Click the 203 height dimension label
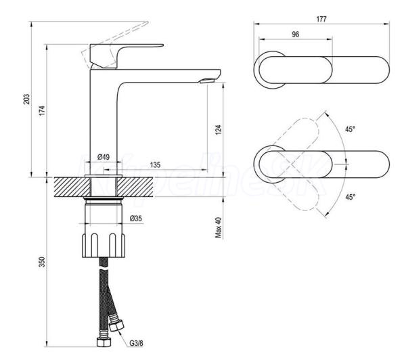pyautogui.click(x=27, y=99)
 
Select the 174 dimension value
pyautogui.click(x=42, y=110)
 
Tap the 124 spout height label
pyautogui.click(x=219, y=129)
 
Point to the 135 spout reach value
pyautogui.click(x=156, y=164)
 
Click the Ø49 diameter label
pyautogui.click(x=103, y=157)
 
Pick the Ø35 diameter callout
pyautogui.click(x=136, y=219)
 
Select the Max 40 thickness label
pyautogui.click(x=219, y=227)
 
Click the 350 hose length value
pyautogui.click(x=42, y=262)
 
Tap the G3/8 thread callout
pyautogui.click(x=136, y=344)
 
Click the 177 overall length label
pyautogui.click(x=321, y=19)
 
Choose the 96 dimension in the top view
pyautogui.click(x=296, y=35)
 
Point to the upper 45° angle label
pyautogui.click(x=350, y=129)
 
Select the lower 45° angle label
pyautogui.click(x=350, y=197)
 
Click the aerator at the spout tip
pyautogui.click(x=207, y=81)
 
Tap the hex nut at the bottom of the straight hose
pyautogui.click(x=104, y=342)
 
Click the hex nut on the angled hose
pyautogui.click(x=116, y=325)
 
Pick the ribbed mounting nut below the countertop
pyautogui.click(x=104, y=245)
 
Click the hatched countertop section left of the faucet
pyautogui.click(x=72, y=187)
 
